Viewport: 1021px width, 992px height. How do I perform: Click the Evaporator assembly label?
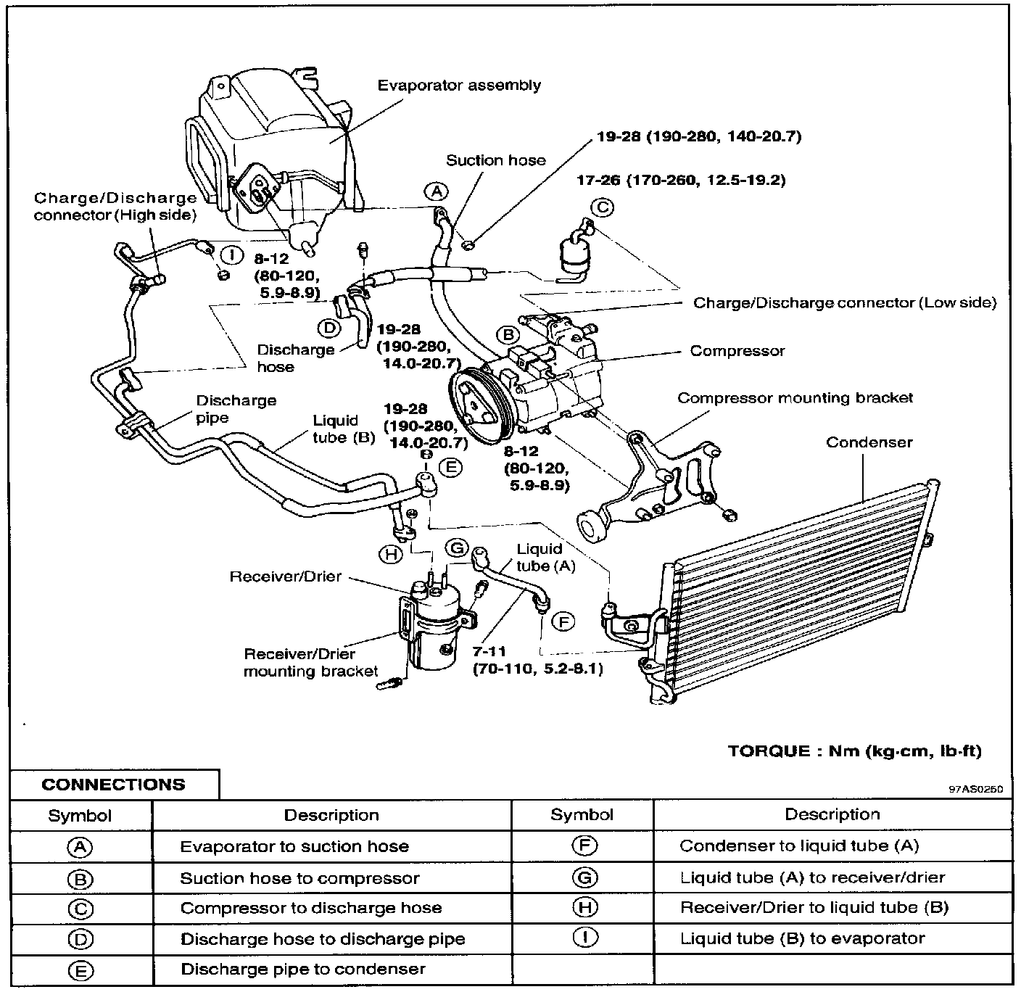459,86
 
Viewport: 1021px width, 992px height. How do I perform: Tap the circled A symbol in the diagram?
436,191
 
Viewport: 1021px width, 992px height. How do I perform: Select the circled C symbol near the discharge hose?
602,208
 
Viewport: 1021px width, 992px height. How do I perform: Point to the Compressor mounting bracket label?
795,398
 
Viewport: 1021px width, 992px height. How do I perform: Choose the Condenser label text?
869,442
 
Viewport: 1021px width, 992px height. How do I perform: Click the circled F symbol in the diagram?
563,621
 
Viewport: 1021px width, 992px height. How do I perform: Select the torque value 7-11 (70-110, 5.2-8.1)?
537,661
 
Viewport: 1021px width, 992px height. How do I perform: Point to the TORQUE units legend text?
854,751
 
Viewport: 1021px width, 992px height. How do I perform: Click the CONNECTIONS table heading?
113,785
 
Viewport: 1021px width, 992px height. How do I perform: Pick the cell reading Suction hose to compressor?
299,878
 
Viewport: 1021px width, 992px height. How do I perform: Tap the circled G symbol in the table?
584,877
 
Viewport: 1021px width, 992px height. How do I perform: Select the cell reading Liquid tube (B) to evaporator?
802,938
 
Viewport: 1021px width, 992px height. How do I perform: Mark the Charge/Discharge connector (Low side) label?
845,303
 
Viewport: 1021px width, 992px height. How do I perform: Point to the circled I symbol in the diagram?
231,255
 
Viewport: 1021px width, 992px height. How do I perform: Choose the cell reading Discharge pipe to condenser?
303,970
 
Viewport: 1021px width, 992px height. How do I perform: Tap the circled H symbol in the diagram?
390,554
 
